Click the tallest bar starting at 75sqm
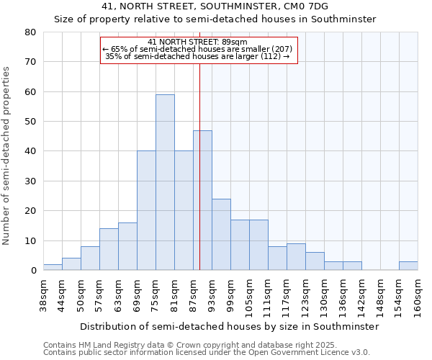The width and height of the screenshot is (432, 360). click(x=165, y=182)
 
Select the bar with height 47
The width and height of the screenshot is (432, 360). click(x=202, y=200)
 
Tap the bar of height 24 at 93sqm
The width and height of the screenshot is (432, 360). click(x=221, y=234)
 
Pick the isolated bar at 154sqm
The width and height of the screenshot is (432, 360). click(x=408, y=266)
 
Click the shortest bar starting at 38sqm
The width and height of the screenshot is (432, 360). click(x=53, y=267)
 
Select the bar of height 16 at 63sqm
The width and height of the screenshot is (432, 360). click(x=127, y=246)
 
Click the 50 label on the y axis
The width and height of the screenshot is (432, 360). click(x=30, y=122)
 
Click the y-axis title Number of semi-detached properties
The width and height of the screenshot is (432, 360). click(x=7, y=155)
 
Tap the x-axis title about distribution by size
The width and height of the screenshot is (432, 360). click(x=229, y=326)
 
